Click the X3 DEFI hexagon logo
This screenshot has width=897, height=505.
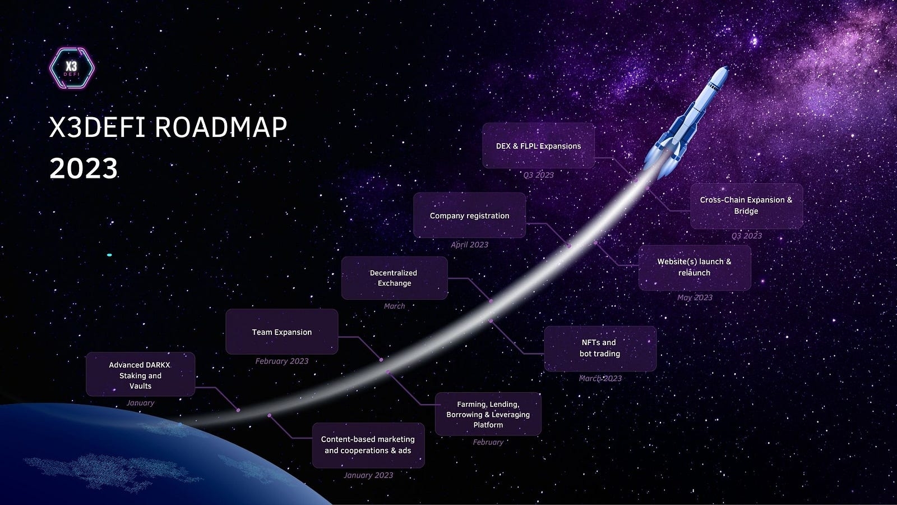pyautogui.click(x=72, y=68)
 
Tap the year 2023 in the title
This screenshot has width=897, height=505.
pyautogui.click(x=84, y=168)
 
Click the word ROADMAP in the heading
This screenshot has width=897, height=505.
pyautogui.click(x=221, y=127)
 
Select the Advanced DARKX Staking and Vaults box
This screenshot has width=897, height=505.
pyautogui.click(x=141, y=374)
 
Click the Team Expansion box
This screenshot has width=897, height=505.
pyautogui.click(x=282, y=332)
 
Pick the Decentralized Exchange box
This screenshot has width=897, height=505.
pyautogui.click(x=395, y=278)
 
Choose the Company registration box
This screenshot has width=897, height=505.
pyautogui.click(x=469, y=215)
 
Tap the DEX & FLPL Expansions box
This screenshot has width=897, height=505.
pyautogui.click(x=539, y=145)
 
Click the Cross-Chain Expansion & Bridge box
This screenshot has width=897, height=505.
pyautogui.click(x=746, y=206)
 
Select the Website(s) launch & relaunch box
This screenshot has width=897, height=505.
pyautogui.click(x=695, y=268)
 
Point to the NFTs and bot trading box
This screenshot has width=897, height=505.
pyautogui.click(x=600, y=348)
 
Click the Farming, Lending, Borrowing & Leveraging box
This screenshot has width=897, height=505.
pyautogui.click(x=488, y=414)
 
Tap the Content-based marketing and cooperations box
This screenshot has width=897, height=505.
pyautogui.click(x=368, y=445)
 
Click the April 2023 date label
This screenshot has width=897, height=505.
pyautogui.click(x=469, y=245)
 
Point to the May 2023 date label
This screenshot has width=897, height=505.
pyautogui.click(x=695, y=297)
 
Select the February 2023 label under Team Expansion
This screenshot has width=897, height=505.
pyautogui.click(x=282, y=361)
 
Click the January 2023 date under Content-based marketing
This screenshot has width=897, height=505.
pyautogui.click(x=368, y=475)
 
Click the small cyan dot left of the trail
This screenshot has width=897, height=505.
pyautogui.click(x=109, y=255)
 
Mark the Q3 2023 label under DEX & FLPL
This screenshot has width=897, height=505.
pyautogui.click(x=539, y=175)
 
